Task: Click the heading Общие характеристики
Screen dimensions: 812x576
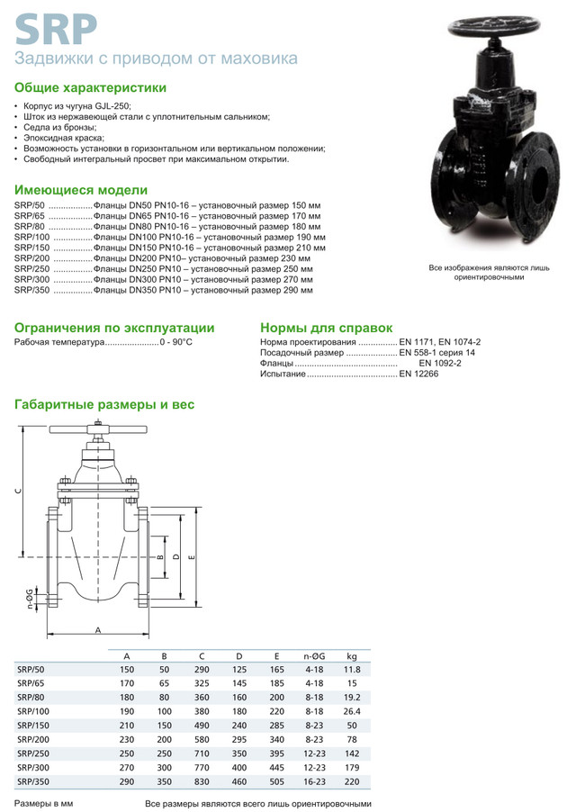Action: tap(90, 88)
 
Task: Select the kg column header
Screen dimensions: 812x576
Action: tap(351, 654)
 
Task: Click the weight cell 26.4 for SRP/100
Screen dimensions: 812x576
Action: tap(351, 711)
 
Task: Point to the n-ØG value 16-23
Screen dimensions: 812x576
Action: tap(314, 781)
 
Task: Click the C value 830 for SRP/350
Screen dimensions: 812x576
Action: tap(202, 781)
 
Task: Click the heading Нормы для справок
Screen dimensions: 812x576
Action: tap(326, 328)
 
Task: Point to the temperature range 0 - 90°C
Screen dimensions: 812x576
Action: tap(175, 343)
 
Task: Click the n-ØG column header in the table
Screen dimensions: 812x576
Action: tap(314, 654)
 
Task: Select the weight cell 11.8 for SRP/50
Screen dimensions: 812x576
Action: tap(351, 669)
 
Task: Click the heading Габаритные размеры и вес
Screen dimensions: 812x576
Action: tap(104, 405)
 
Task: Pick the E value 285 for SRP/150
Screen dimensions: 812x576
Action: tap(275, 726)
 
